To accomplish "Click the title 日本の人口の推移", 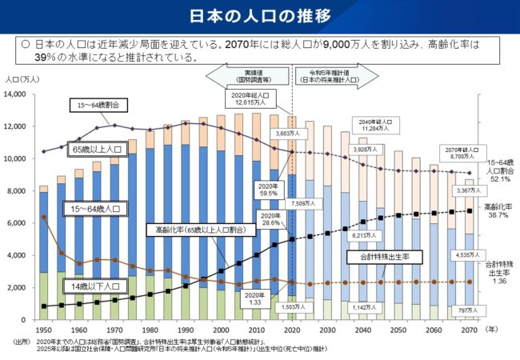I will click(x=260, y=16).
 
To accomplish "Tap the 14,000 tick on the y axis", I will click(x=17, y=94).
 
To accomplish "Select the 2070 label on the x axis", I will click(x=470, y=329).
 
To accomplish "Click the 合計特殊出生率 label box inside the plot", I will click(x=378, y=257).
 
